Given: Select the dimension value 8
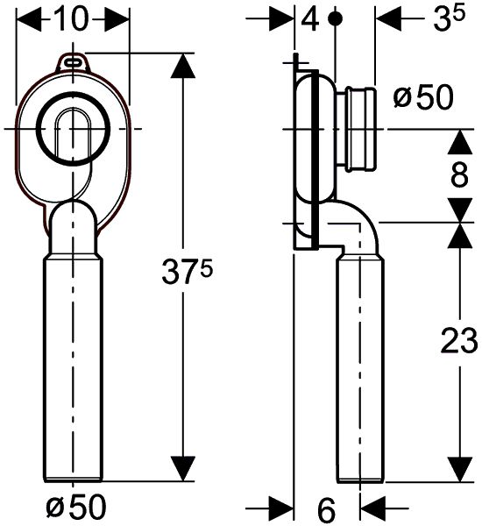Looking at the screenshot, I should [458, 174].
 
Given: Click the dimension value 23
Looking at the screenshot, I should [457, 342].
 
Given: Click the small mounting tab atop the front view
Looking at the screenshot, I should [73, 61].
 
